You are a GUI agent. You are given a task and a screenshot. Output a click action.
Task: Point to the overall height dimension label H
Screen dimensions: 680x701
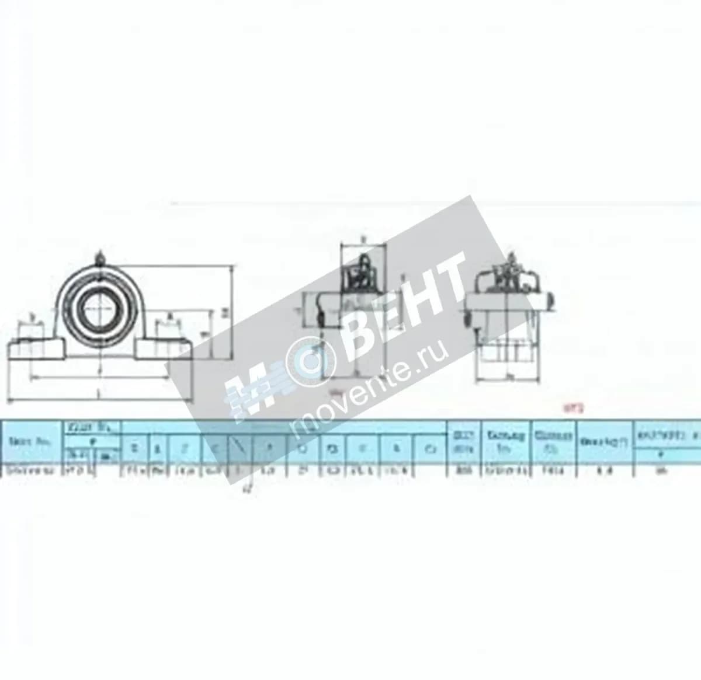[224, 313]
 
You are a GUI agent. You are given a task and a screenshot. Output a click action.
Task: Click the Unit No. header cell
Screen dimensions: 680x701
[32, 443]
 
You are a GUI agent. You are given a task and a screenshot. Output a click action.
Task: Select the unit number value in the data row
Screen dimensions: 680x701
[32, 472]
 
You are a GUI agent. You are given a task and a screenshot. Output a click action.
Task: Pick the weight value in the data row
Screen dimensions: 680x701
[604, 472]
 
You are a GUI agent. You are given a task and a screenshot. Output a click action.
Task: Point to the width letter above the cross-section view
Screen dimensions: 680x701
[363, 238]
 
